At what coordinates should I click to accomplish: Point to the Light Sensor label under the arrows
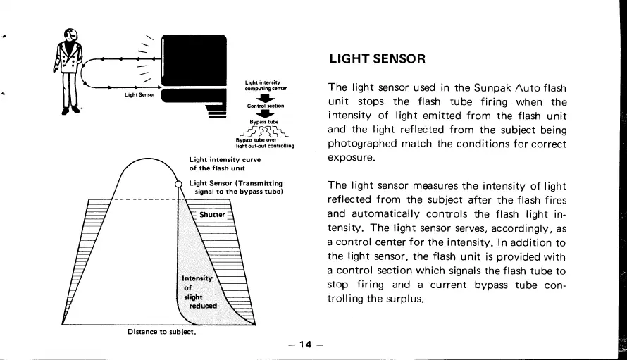[139, 94]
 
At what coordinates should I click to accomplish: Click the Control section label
[265, 106]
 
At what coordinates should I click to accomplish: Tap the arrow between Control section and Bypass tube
[265, 114]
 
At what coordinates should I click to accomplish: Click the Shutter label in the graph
[212, 214]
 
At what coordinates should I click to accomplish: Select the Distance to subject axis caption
[161, 331]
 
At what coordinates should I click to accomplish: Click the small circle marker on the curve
[179, 185]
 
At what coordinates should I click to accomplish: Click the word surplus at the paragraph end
[403, 299]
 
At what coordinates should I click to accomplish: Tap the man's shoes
[71, 110]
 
